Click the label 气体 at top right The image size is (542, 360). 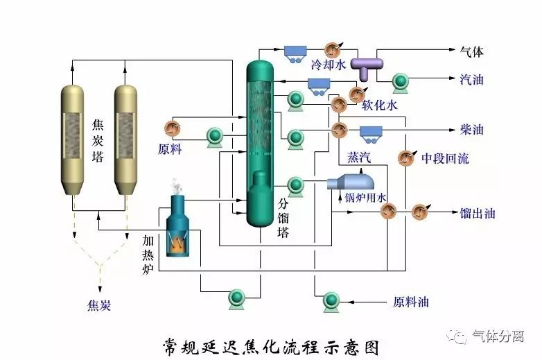472,51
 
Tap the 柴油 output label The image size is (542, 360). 472,130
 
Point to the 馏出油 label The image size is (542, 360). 478,213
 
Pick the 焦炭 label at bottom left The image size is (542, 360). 99,305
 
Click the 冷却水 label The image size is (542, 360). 328,65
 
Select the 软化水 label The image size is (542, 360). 380,105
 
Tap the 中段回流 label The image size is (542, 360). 445,158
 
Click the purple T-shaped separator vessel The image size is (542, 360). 366,64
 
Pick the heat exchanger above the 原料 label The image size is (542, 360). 171,128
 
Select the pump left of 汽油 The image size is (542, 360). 401,82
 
